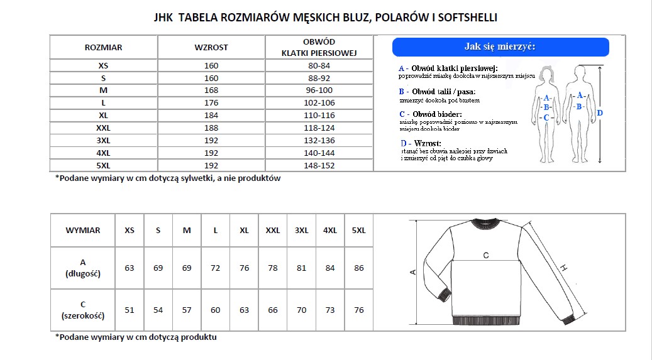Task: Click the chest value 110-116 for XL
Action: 319,116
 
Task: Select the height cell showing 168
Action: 211,90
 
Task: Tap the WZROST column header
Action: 211,47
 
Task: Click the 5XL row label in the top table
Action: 103,166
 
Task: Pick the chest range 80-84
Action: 319,65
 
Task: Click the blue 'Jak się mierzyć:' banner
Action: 500,46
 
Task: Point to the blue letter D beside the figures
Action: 600,113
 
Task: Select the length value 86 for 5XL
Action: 359,268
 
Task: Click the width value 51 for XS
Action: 130,310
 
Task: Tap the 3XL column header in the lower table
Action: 301,231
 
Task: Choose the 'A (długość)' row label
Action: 83,268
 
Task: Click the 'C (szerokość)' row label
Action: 83,310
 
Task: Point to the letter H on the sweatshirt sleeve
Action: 564,268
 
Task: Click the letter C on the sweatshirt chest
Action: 486,255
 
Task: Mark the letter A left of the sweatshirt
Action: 412,271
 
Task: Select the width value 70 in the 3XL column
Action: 301,310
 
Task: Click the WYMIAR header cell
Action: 83,231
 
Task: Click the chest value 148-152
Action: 319,166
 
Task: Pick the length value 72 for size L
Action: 216,268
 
